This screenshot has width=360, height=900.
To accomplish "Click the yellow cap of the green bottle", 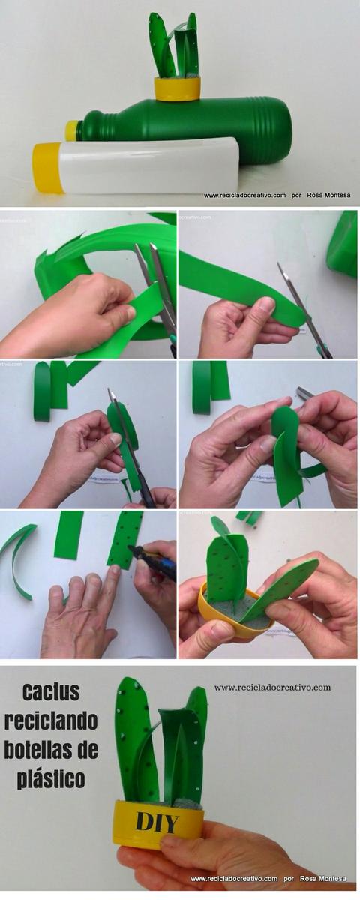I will pyautogui.click(x=72, y=130).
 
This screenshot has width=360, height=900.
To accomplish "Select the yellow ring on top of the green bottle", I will pyautogui.click(x=178, y=88).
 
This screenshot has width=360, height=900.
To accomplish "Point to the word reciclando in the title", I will pyautogui.click(x=51, y=721).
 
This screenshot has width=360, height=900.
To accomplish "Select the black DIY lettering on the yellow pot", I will pyautogui.click(x=157, y=823).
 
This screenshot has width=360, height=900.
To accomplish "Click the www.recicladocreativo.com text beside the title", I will pyautogui.click(x=272, y=687).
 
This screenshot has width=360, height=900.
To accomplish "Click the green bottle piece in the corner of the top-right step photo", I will pyautogui.click(x=343, y=244).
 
